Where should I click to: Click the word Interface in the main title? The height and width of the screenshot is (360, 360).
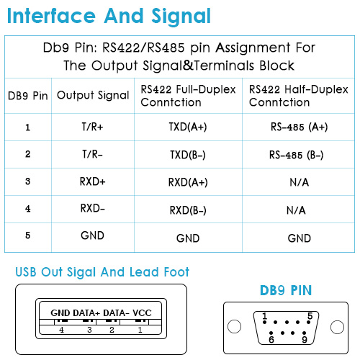pos(51,16)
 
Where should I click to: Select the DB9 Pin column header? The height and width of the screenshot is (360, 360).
pos(28,96)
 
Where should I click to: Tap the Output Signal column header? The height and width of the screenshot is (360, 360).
pos(93,95)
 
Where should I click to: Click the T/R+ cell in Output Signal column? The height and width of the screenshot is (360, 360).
pos(93,127)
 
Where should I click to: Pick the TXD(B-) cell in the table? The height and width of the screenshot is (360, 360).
pos(188,155)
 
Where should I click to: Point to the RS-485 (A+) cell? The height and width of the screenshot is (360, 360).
pos(299,127)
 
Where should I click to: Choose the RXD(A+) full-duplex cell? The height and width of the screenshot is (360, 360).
pos(188,182)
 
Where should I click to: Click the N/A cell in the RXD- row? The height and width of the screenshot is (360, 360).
pos(296,210)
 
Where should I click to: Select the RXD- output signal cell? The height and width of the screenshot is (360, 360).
pos(93,208)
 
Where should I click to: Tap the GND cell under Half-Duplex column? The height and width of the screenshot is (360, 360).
pos(300,238)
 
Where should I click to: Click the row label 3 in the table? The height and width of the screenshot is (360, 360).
pos(28,181)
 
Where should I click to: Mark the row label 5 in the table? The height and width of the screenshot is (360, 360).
pos(28,235)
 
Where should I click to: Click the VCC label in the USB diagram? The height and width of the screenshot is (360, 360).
pos(142,313)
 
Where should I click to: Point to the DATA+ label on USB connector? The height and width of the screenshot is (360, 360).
pos(86,313)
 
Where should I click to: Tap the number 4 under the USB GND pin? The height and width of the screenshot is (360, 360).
pos(62,330)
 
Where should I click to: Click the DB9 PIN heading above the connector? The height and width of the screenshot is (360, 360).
pos(286,290)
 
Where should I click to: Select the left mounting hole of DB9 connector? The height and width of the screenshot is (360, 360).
pos(234,327)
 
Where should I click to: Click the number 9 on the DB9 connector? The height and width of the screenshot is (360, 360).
pos(305,340)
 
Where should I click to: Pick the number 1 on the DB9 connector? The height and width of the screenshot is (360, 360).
pos(265,316)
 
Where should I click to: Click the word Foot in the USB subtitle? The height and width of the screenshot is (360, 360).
pos(176,272)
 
